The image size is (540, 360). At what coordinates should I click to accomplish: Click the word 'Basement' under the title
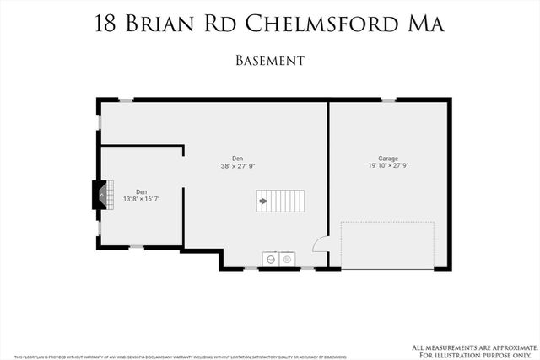click(x=270, y=61)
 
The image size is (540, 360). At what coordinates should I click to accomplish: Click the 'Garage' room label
click(x=388, y=158)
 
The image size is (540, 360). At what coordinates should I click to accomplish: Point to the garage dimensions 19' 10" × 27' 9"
click(x=388, y=166)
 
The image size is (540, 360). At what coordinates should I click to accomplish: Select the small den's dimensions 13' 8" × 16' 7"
click(x=141, y=199)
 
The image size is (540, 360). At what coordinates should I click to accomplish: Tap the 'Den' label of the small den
click(x=141, y=191)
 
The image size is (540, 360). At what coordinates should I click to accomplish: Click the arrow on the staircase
click(x=263, y=201)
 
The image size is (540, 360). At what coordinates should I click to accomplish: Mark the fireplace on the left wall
click(x=100, y=196)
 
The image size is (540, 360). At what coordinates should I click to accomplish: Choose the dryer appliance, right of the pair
click(x=287, y=259)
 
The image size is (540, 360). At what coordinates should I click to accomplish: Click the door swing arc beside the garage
click(x=321, y=244)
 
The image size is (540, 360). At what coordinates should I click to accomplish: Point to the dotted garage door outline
click(x=387, y=244)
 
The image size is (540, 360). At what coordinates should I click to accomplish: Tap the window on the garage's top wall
click(x=388, y=100)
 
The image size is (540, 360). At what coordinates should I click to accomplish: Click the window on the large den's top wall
click(x=125, y=100)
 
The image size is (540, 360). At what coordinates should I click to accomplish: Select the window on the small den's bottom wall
click(x=136, y=247)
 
